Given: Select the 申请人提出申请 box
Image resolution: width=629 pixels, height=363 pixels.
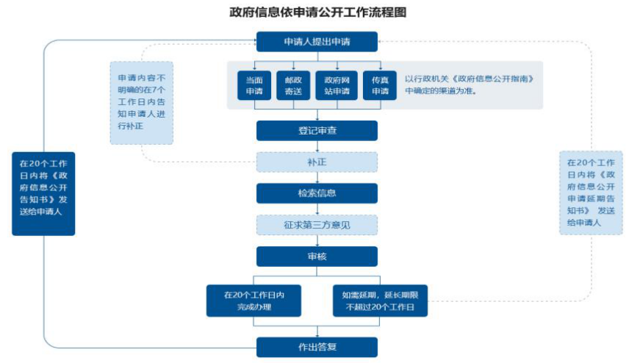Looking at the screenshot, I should [x=317, y=42].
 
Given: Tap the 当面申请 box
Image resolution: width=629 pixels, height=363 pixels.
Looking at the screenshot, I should [x=254, y=85].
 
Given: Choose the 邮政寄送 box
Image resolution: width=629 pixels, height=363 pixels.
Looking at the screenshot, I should [x=293, y=85].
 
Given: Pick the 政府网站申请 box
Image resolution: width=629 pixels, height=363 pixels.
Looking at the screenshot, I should [x=337, y=85].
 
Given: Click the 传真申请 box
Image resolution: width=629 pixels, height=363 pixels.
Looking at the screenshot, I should [x=379, y=85].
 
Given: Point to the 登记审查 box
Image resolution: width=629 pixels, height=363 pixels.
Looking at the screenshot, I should [x=317, y=130].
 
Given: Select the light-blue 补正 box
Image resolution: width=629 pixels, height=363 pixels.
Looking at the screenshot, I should [x=317, y=162].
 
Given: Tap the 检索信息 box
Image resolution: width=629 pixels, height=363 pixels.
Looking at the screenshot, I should [x=317, y=193].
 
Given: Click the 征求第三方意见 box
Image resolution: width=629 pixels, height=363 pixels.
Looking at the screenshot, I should [x=317, y=225].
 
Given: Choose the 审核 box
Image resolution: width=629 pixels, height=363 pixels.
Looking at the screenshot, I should [x=317, y=256].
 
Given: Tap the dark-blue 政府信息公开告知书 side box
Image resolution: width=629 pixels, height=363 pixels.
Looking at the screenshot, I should [x=43, y=193].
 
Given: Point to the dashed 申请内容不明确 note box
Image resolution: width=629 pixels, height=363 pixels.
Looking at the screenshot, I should [x=142, y=102].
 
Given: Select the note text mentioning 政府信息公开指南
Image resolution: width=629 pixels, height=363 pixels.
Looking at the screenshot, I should [x=469, y=85].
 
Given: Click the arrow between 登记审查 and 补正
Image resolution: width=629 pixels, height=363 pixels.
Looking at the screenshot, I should [x=317, y=146].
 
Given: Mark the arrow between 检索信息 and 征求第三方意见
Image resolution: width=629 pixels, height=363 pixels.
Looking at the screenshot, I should [x=317, y=209].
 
